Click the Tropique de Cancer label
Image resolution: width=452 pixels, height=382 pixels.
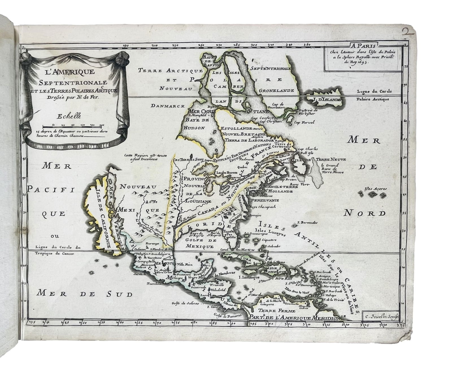click(x=55, y=253)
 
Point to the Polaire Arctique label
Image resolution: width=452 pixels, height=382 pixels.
click(x=372, y=99)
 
